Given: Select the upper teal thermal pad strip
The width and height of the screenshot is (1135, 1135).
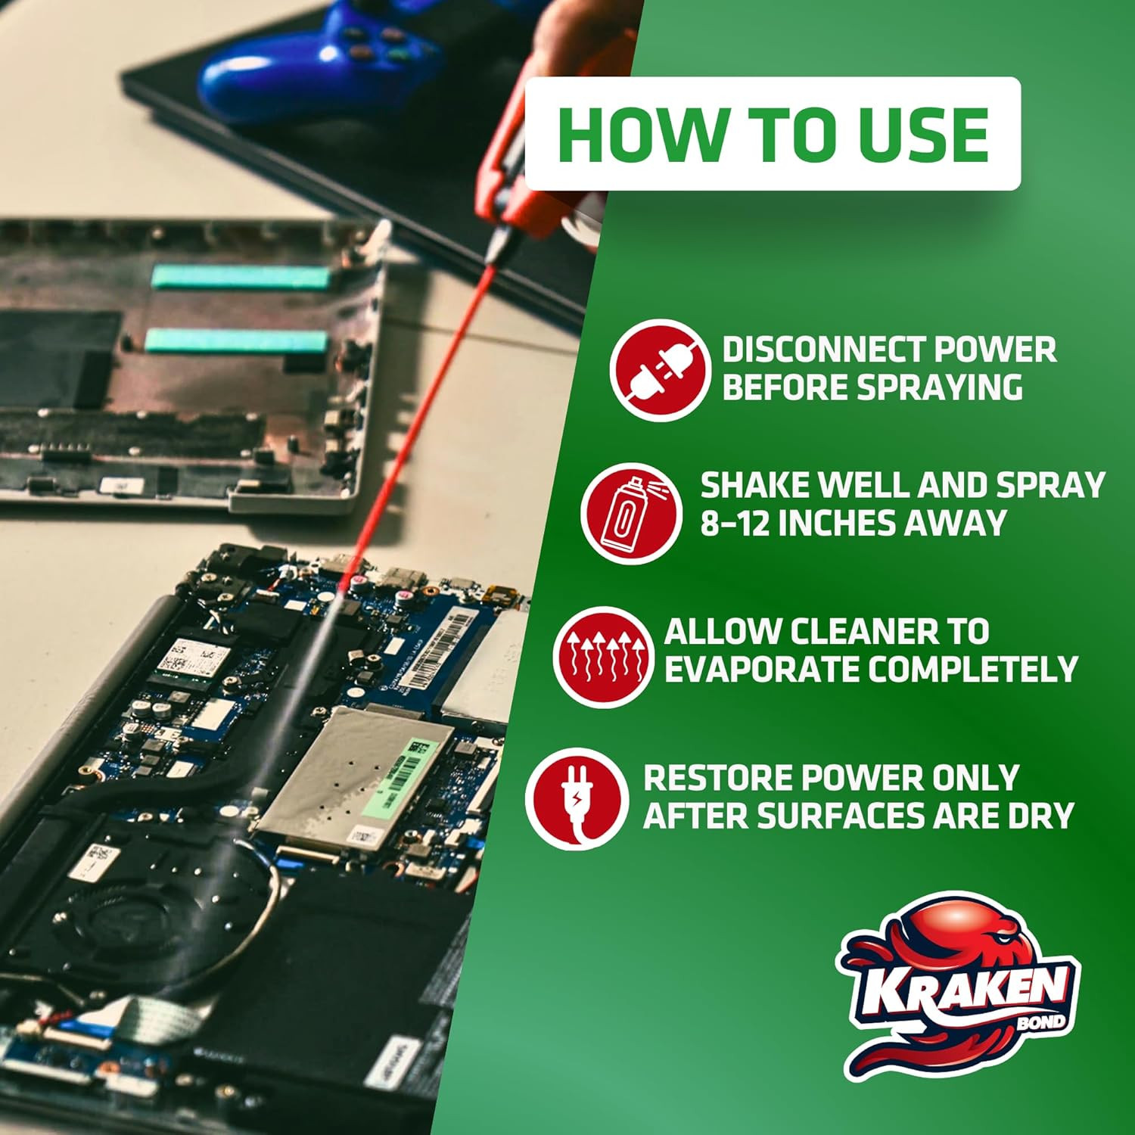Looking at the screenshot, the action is (241, 276).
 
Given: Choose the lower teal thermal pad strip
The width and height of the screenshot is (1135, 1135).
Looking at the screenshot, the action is (236, 341).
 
